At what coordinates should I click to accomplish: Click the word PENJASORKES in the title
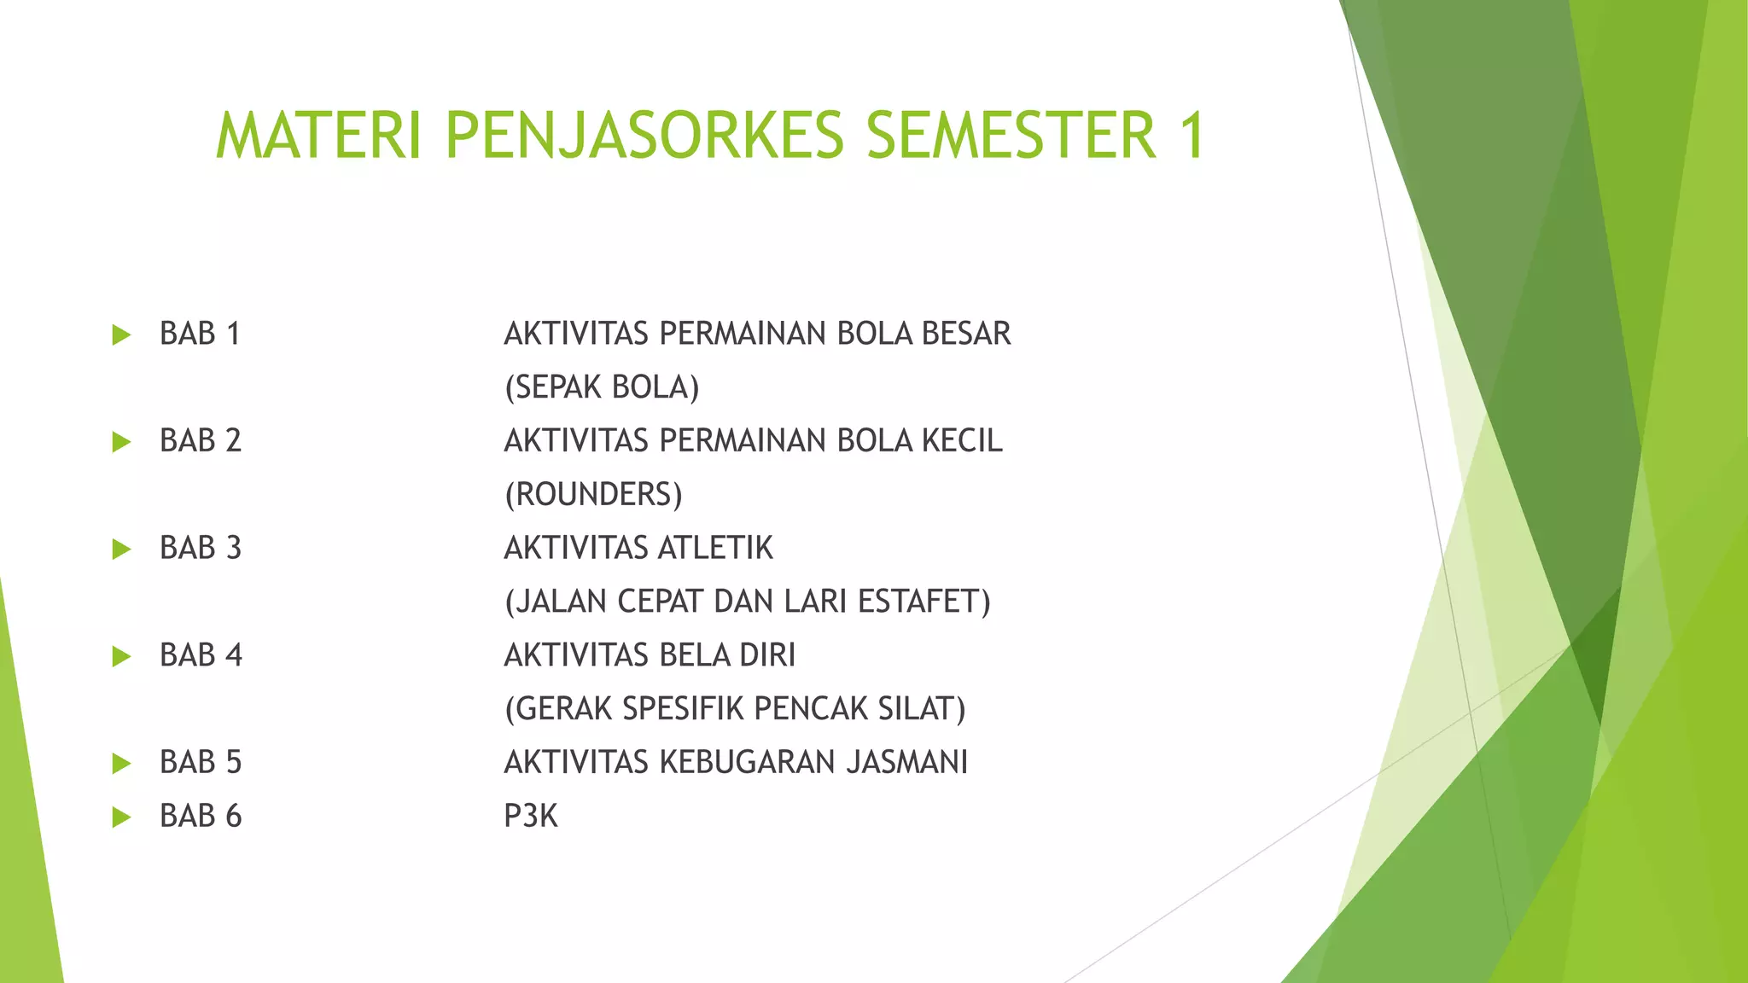click(x=644, y=136)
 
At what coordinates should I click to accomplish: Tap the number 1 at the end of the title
click(x=1190, y=136)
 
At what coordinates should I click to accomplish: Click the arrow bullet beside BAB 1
click(x=121, y=334)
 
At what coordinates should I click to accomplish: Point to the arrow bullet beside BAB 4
click(x=121, y=656)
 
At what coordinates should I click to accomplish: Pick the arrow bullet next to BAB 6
click(x=121, y=817)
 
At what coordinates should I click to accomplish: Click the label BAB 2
click(x=201, y=441)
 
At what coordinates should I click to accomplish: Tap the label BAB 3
click(x=201, y=548)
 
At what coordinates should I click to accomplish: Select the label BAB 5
click(x=201, y=762)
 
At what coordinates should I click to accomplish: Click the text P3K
click(x=530, y=817)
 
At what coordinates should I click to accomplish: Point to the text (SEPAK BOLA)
click(x=602, y=387)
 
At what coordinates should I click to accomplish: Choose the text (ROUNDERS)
click(x=593, y=495)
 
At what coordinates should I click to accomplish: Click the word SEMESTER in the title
click(x=1011, y=136)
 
